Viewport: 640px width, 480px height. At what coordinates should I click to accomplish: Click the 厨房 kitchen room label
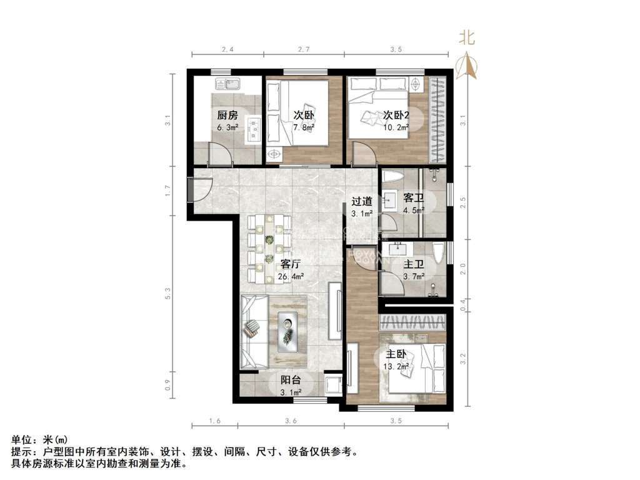[227, 115]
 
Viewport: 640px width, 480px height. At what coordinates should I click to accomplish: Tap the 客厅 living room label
[291, 264]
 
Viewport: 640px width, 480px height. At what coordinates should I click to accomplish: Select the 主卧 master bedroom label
[396, 354]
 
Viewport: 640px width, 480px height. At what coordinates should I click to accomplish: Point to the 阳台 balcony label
[291, 380]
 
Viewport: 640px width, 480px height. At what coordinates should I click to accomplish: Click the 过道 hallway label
[362, 201]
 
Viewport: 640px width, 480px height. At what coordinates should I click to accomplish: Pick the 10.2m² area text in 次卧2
[396, 127]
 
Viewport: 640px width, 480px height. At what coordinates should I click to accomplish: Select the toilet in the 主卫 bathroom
[438, 254]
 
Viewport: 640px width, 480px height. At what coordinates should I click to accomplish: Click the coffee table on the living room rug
[287, 332]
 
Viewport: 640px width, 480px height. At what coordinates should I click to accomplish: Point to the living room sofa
[254, 331]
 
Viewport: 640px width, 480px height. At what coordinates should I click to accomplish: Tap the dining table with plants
[269, 249]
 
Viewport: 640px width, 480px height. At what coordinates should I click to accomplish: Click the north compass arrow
[467, 65]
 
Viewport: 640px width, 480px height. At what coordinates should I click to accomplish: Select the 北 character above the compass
[467, 38]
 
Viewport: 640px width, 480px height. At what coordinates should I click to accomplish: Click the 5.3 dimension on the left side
[167, 293]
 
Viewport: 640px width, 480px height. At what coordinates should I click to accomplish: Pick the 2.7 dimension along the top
[304, 49]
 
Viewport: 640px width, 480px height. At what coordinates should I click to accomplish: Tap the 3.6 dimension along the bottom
[291, 421]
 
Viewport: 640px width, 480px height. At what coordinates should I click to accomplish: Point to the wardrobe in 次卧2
[437, 119]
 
